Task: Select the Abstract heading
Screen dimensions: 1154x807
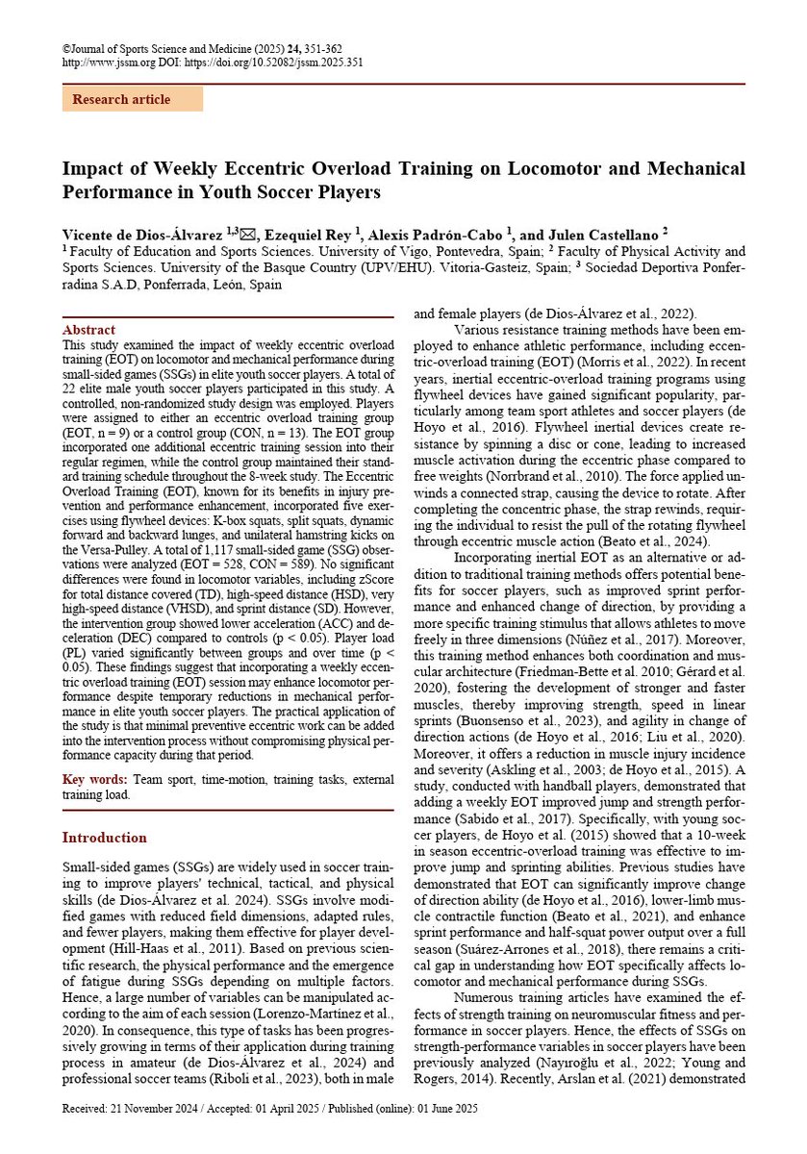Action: click(x=88, y=330)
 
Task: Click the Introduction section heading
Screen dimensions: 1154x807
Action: click(x=105, y=838)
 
